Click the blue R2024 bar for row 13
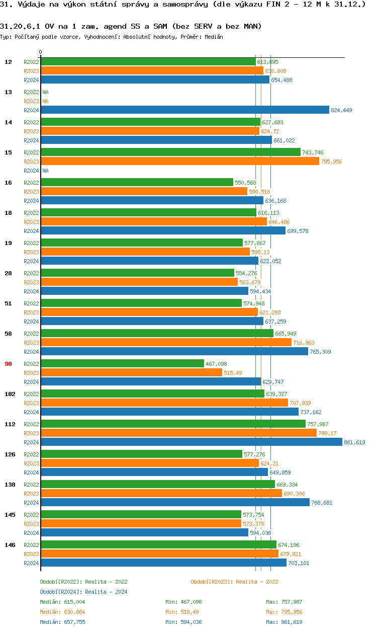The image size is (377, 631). coord(185,110)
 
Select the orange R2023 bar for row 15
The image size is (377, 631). coord(180,162)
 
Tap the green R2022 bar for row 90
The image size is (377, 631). coord(122,364)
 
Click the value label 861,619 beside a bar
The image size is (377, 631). coord(354,442)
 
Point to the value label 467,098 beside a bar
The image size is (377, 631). coord(216,364)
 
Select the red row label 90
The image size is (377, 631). coord(8,364)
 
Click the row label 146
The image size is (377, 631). coord(10,545)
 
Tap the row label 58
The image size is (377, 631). coord(8,334)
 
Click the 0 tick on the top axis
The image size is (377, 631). coord(41,52)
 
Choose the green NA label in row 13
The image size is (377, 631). coord(45,92)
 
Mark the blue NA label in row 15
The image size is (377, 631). coord(45,171)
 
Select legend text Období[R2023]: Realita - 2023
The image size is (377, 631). coord(234,582)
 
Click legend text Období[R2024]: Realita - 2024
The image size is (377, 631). coord(83,592)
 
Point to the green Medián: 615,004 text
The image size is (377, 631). coord(62,602)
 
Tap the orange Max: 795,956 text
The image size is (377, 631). coord(284,612)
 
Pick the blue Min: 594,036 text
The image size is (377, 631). coord(183,622)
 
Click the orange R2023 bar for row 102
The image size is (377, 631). coord(164,403)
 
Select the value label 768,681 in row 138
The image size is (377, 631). coord(322,503)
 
